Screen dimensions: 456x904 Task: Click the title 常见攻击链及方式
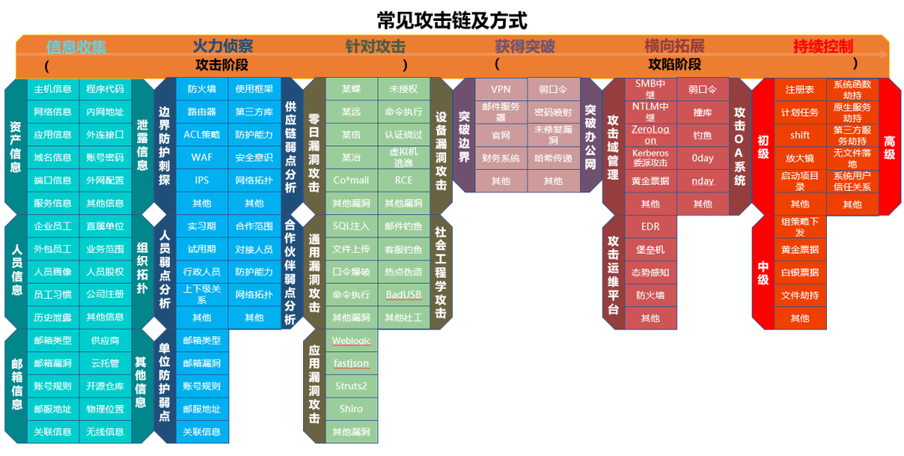[451, 20]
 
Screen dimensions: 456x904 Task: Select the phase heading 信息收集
[76, 46]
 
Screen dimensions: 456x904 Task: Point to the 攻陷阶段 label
[675, 64]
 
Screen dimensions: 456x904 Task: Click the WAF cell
[202, 157]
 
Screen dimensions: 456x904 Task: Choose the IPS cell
[202, 180]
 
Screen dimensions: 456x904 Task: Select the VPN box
[501, 89]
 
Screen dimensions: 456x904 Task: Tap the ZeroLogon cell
[650, 135]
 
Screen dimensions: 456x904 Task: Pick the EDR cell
[650, 227]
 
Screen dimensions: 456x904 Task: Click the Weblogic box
[351, 341]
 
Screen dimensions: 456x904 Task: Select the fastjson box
[351, 364]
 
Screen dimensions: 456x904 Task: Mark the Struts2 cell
[351, 387]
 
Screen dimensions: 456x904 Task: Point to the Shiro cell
[351, 409]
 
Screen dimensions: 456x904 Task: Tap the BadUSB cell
[403, 295]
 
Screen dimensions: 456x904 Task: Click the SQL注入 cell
[351, 226]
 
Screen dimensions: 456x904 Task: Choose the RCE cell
[403, 180]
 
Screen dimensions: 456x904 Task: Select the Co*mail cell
[351, 180]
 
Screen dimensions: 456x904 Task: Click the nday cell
[702, 181]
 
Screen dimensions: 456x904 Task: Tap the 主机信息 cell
[53, 89]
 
